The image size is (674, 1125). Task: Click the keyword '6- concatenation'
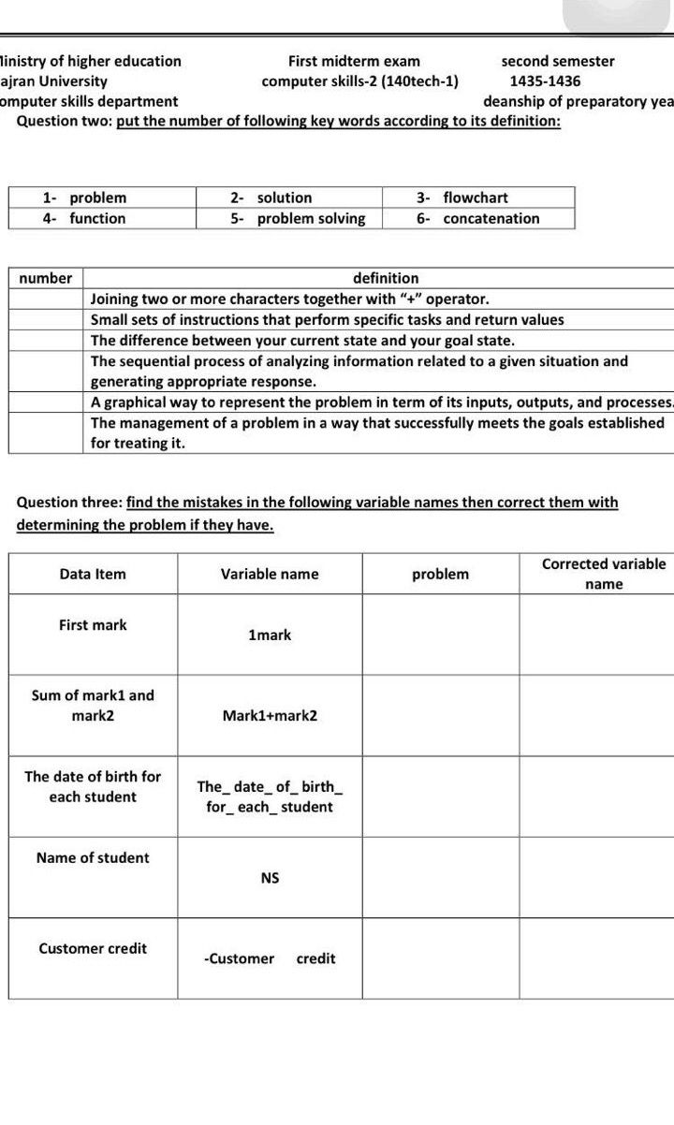point(478,218)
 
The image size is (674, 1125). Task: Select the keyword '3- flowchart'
point(462,197)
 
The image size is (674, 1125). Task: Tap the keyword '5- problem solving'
point(298,218)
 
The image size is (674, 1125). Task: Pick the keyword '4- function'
point(84,218)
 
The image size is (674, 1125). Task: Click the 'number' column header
point(46,278)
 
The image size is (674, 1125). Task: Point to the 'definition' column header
point(386,278)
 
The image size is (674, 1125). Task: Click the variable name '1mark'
point(270,635)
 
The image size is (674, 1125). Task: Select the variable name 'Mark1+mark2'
point(270,715)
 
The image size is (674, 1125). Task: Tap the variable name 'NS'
point(270,878)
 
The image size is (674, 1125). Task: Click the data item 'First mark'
point(93,624)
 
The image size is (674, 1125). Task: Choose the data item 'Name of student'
point(93,857)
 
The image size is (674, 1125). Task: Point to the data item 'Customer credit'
point(93,948)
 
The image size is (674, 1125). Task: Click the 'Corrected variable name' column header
point(604,574)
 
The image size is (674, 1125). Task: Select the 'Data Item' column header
point(93,574)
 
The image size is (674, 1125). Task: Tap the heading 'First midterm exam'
point(354,61)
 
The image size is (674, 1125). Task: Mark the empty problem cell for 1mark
point(440,635)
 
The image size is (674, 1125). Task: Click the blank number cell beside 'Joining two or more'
point(46,300)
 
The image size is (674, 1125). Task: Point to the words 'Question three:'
point(69,502)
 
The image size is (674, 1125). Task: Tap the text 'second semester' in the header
point(558,61)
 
